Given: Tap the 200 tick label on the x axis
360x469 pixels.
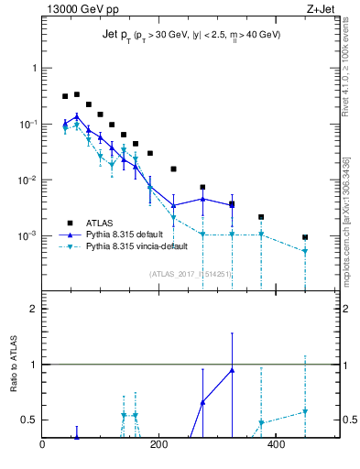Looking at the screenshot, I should point(158,446).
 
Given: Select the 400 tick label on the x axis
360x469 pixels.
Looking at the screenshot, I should point(275,446).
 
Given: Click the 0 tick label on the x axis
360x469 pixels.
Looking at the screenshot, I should point(42,446).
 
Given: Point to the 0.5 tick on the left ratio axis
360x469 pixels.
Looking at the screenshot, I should point(29,420).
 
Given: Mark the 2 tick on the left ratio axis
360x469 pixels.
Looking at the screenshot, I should point(33,309).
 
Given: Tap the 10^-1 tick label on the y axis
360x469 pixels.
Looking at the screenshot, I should point(26,125).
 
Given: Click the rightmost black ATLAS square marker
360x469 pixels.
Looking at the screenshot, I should point(305,237).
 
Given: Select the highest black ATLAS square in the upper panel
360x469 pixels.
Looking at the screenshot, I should point(77,94).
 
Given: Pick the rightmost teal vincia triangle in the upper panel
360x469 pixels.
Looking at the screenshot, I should point(305,251).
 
